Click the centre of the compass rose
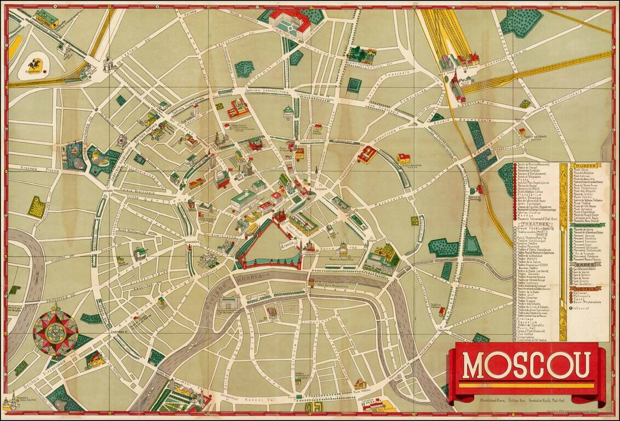tap(55, 332)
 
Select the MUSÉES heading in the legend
tap(584, 166)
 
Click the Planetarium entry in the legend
tap(529, 194)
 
